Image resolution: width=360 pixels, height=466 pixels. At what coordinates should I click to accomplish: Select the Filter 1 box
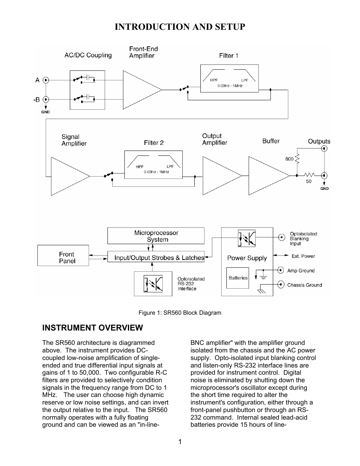[229, 78]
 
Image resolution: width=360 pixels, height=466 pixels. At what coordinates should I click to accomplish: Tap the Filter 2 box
[153, 165]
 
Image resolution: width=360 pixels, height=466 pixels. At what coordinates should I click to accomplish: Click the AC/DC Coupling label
[88, 55]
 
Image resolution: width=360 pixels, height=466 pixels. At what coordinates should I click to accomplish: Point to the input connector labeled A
[46, 80]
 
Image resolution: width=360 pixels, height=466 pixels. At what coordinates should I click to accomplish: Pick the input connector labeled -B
[46, 100]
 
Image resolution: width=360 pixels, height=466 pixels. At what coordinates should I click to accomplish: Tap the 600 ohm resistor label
[289, 159]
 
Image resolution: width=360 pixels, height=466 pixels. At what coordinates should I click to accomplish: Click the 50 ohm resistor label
[309, 181]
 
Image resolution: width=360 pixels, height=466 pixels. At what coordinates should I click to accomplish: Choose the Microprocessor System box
[156, 236]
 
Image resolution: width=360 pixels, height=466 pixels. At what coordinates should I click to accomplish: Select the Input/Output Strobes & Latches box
[156, 258]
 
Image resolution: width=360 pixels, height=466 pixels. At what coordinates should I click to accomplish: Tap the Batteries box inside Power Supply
[238, 278]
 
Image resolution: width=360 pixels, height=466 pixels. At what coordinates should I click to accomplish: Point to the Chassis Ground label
[304, 285]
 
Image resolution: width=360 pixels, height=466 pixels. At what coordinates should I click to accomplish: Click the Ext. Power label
[303, 256]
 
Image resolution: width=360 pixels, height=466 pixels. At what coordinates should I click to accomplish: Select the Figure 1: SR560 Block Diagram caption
[180, 312]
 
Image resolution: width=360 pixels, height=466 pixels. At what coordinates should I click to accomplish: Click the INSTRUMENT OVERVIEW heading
[92, 328]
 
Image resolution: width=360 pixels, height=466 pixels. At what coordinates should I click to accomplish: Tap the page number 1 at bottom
[180, 442]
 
